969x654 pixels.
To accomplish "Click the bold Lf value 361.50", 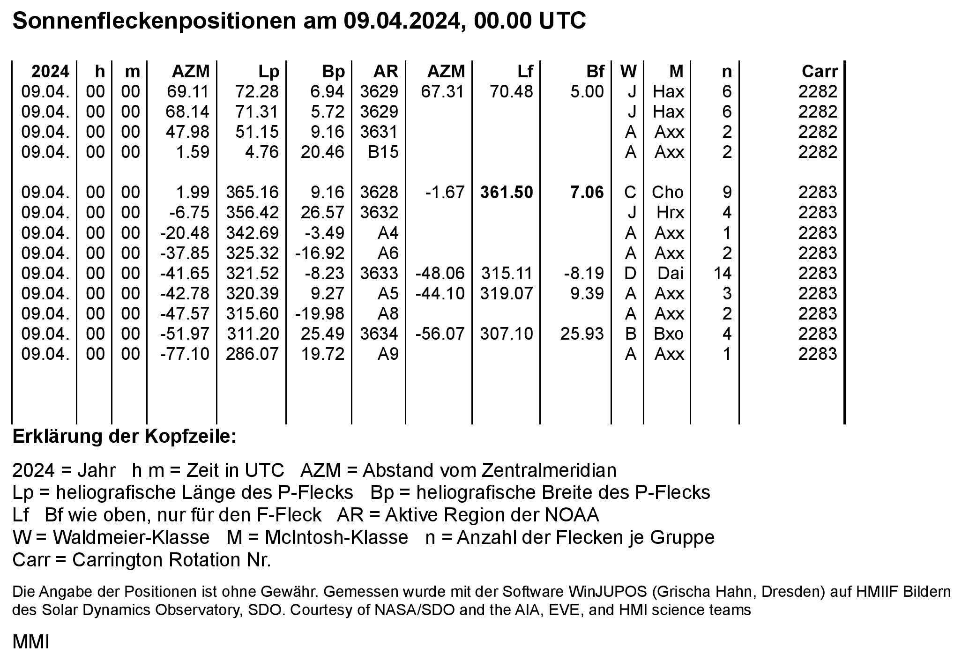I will pos(507,193).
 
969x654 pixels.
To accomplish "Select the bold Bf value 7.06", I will pos(587,193).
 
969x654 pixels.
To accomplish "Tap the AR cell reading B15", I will pos(383,152).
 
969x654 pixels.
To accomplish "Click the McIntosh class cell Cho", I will pos(667,193).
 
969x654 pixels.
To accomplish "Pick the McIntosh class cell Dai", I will pos(670,273).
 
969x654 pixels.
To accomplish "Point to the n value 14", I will pos(723,273).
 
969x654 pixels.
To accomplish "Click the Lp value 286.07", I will pos(252,354).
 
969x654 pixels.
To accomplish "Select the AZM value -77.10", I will pos(185,354).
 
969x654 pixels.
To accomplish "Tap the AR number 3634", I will pos(379,334).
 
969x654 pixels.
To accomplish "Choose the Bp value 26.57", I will pos(321,213).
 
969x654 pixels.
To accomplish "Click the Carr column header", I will pos(819,71).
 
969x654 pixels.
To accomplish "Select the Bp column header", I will pos(333,71).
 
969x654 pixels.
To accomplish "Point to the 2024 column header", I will pos(50,71).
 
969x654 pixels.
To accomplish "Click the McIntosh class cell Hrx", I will pos(670,213).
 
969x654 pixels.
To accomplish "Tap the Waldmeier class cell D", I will pos(630,273).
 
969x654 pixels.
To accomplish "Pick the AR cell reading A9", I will pos(388,354).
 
